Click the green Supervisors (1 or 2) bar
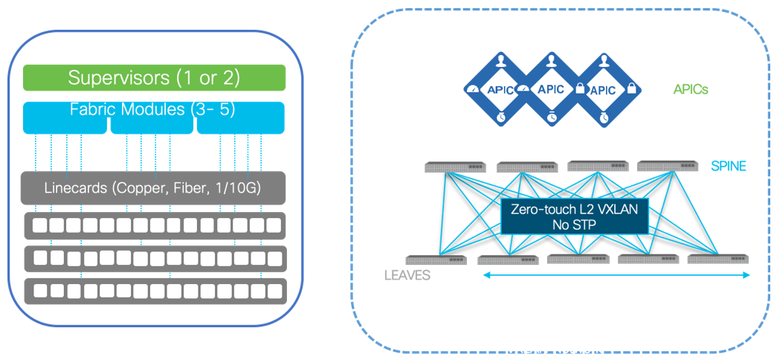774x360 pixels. pos(154,77)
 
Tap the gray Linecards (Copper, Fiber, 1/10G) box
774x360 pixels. pos(152,188)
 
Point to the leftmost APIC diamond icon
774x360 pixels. pos(497,89)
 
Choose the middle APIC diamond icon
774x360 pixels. pos(550,89)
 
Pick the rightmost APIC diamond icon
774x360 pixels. pos(603,89)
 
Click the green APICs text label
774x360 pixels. pos(690,89)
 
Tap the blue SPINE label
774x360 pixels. pos(728,166)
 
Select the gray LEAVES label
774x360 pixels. pos(407,275)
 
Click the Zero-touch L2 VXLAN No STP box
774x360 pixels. pos(574,216)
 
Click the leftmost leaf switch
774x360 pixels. pos(437,260)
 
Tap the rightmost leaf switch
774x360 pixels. pos(717,259)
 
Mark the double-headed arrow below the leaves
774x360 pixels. pos(617,275)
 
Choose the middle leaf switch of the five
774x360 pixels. pos(578,259)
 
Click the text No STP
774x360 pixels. pos(573,224)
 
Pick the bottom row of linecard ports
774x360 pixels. pos(155,289)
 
